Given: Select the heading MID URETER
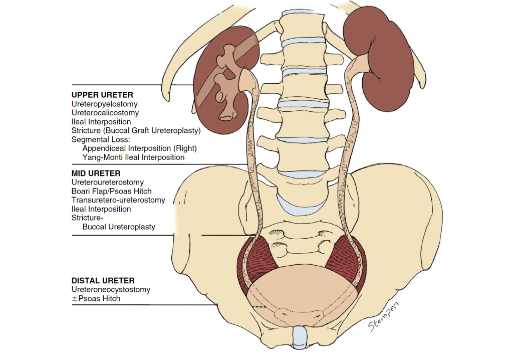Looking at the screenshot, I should click(x=96, y=173).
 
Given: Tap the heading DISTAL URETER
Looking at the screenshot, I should click(x=103, y=281).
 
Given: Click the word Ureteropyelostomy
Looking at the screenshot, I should click(x=104, y=104).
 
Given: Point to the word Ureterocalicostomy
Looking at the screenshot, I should click(x=105, y=113).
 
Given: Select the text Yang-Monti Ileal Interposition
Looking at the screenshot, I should click(x=133, y=157).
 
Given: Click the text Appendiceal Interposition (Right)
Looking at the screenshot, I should click(x=139, y=148).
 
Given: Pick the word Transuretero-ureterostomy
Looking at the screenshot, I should click(x=118, y=200).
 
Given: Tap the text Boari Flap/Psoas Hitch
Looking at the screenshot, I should click(x=111, y=191).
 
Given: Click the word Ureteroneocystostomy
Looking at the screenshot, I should click(x=111, y=290).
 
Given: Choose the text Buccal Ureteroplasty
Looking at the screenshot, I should click(x=119, y=227).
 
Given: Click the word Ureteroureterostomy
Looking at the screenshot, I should click(x=107, y=183).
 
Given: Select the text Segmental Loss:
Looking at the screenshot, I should click(x=100, y=139).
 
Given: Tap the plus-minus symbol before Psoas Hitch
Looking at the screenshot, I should click(x=75, y=299).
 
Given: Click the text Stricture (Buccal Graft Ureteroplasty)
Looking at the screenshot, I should click(x=136, y=131).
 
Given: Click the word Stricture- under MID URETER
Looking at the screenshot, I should click(x=87, y=218).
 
